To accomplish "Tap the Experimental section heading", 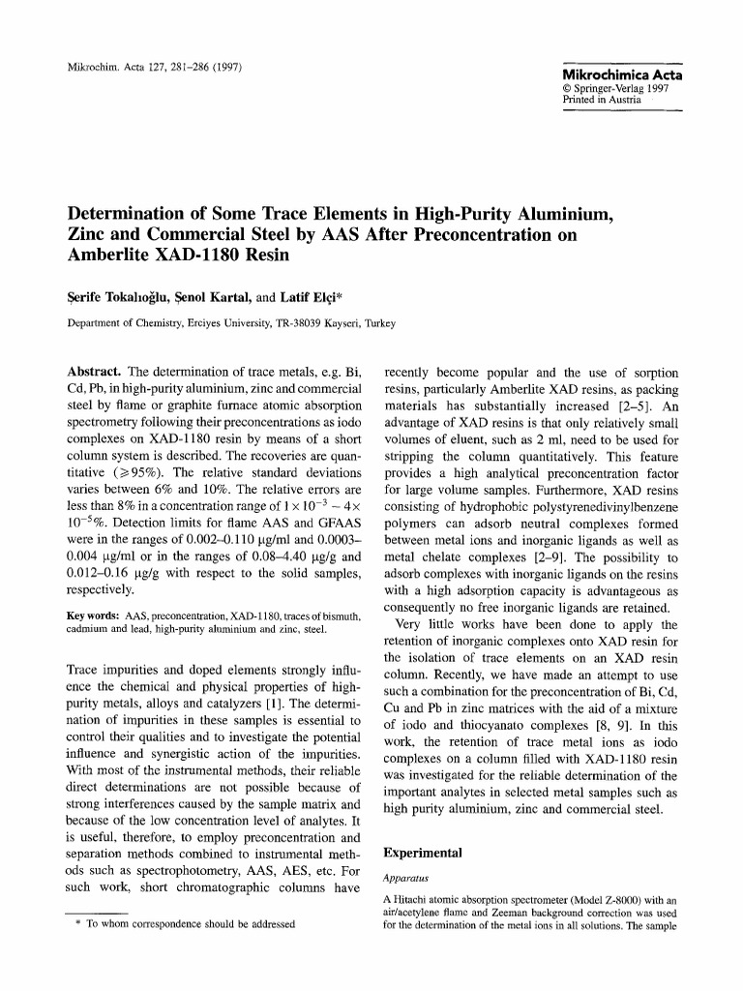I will pyautogui.click(x=424, y=854).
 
